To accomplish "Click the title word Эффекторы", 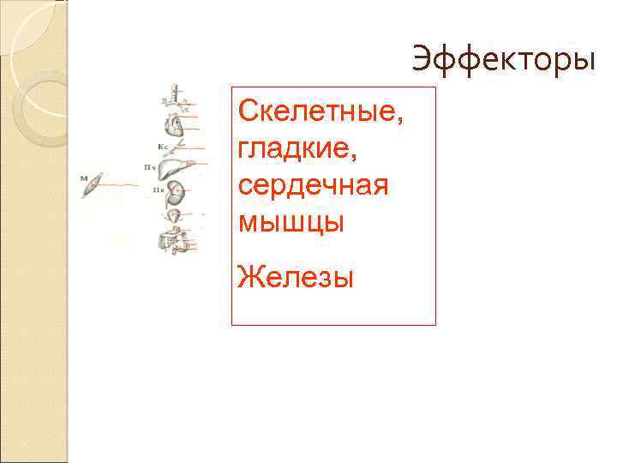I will pyautogui.click(x=502, y=60).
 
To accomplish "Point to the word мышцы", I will pyautogui.click(x=291, y=223).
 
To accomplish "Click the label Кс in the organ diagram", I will pyautogui.click(x=161, y=147).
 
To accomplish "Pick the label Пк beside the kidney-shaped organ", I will pyautogui.click(x=159, y=189).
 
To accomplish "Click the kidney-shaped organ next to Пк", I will pyautogui.click(x=178, y=191).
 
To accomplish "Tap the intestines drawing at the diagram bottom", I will pyautogui.click(x=177, y=239).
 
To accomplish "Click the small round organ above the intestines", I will pyautogui.click(x=175, y=215).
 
